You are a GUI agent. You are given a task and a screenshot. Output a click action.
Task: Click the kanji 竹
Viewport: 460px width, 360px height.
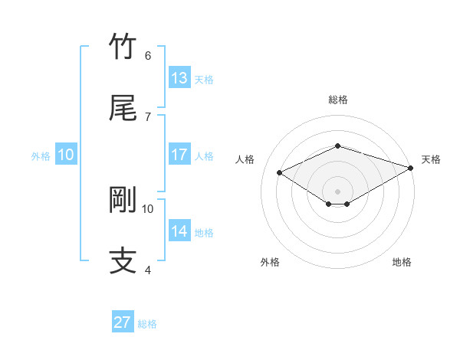coord(123,47)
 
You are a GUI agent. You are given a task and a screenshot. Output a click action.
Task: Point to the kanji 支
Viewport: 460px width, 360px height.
coord(123,261)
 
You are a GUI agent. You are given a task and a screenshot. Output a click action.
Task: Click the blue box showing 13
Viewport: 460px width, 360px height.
coord(179,78)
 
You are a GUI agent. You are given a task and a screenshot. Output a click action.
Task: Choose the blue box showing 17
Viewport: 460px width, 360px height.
coord(179,155)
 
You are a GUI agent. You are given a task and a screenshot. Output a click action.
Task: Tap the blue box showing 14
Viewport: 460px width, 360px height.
coord(179,231)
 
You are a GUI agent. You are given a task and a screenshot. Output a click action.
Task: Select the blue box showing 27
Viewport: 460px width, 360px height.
coord(123,322)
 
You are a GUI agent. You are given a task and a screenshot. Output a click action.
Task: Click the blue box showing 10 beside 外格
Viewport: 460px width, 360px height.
coord(66,155)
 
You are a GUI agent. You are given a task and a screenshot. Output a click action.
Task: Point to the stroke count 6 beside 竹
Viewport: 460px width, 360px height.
coord(148,56)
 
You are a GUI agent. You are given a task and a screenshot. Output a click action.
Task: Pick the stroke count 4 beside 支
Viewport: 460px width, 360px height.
coord(148,270)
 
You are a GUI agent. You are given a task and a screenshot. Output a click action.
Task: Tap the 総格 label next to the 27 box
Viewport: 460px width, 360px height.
coord(147,324)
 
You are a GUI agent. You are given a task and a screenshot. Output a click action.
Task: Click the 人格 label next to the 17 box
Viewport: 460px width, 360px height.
coord(204,156)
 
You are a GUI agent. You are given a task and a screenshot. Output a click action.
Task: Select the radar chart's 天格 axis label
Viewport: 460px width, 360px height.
coord(431,159)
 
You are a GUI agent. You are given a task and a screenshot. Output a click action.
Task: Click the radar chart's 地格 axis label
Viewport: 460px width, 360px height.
coord(402,263)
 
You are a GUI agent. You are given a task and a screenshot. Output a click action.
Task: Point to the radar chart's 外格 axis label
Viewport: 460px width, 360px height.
coord(270,263)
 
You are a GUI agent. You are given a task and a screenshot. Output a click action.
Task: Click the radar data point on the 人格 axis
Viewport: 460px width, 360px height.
coord(280,172)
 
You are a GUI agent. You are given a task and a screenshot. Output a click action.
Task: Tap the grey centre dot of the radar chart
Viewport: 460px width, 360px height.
coord(337,191)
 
